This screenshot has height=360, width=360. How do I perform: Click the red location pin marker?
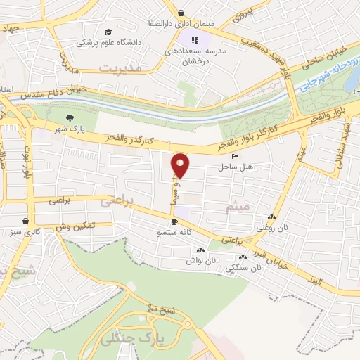pyautogui.click(x=181, y=165)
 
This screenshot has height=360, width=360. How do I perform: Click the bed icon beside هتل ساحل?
pyautogui.click(x=235, y=156)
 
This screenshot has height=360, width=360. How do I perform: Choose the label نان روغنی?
pyautogui.click(x=271, y=226)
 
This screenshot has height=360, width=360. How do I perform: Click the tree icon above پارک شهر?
pyautogui.click(x=70, y=118)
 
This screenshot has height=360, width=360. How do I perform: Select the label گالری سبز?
pyautogui.click(x=27, y=231)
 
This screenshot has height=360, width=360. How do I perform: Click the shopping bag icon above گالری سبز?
pyautogui.click(x=26, y=221)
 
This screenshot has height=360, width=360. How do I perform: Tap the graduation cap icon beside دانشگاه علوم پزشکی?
pyautogui.click(x=108, y=32)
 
